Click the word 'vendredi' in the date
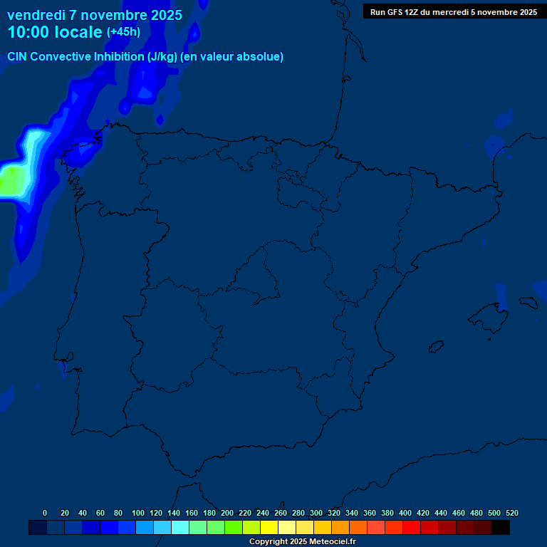pos(36,15)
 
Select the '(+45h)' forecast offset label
pos(123,31)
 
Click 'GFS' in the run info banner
pos(399,12)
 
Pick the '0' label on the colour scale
pos(45,513)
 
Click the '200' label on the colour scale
pos(227,513)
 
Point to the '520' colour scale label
pos(511,513)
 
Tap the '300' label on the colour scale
pos(316,513)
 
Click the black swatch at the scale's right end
pos(501,527)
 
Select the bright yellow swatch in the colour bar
pos(269,527)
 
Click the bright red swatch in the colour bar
pos(412,527)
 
